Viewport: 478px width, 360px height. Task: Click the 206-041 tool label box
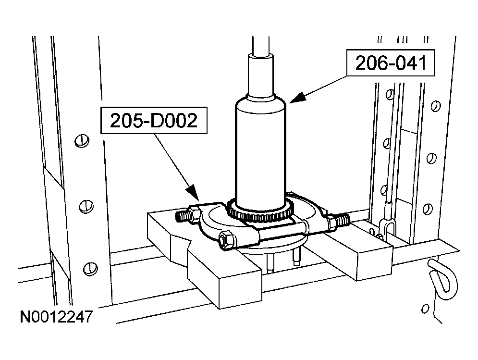(391, 63)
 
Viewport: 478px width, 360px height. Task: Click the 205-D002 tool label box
(154, 120)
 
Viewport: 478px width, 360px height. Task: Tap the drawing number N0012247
(56, 317)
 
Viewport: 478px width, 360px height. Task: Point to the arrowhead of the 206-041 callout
(296, 97)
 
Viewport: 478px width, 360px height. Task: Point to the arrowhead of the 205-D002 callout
(193, 193)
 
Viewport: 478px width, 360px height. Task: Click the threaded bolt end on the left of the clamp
(184, 216)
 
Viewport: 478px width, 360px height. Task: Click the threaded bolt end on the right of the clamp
(342, 220)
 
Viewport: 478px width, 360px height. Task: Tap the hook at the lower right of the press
(443, 279)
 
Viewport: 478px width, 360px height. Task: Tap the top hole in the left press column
(82, 141)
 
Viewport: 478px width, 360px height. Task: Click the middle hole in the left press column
(86, 207)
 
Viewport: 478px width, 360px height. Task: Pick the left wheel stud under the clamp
(270, 263)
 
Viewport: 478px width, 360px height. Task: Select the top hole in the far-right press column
(436, 106)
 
